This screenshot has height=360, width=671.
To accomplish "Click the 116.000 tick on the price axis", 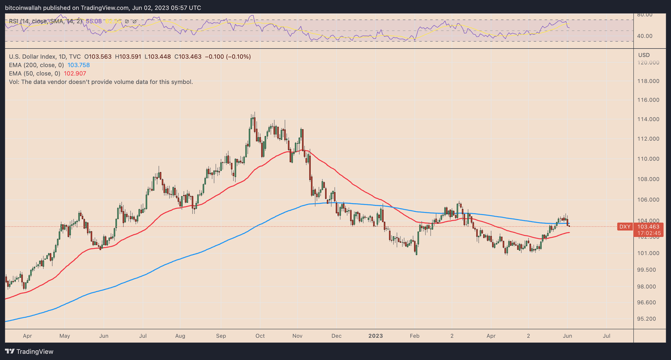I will (x=648, y=100).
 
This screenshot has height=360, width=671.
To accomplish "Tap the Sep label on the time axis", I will (x=221, y=336).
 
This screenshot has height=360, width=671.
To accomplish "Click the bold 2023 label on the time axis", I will (x=375, y=336).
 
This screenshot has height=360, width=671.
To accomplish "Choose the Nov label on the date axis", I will (x=297, y=336).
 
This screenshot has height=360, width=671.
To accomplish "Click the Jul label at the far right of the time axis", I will (x=606, y=336).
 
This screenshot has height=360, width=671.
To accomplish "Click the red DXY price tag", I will (x=625, y=227).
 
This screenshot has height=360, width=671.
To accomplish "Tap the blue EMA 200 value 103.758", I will (x=78, y=65).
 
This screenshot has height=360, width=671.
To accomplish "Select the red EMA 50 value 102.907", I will (x=75, y=73).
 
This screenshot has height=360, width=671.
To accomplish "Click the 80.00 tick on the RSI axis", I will (x=645, y=15).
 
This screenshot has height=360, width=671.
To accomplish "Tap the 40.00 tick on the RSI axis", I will (x=645, y=36).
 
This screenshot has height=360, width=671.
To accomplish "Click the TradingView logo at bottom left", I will (x=29, y=352).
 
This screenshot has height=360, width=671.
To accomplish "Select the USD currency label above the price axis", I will (x=644, y=55).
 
